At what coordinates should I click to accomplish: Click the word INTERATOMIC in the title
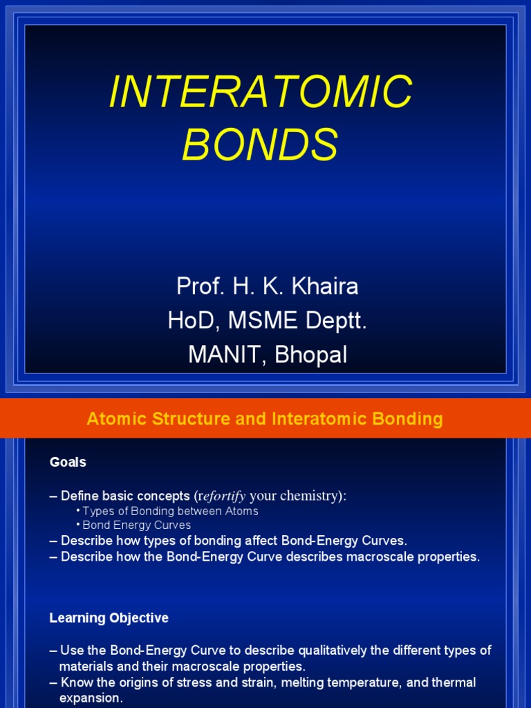click(261, 91)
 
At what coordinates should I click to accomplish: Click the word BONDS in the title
click(261, 145)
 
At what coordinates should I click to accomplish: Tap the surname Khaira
click(326, 286)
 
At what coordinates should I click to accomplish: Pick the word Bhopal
click(311, 355)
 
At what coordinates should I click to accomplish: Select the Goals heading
click(68, 462)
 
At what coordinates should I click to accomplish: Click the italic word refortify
click(223, 496)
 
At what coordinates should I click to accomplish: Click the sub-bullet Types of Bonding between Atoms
click(170, 511)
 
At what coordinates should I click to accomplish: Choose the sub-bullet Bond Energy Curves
click(136, 525)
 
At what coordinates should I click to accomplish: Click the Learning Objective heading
click(109, 617)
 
